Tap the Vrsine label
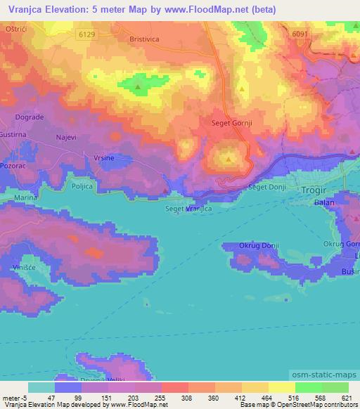[x=105, y=159]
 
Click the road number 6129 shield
[x=87, y=33]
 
